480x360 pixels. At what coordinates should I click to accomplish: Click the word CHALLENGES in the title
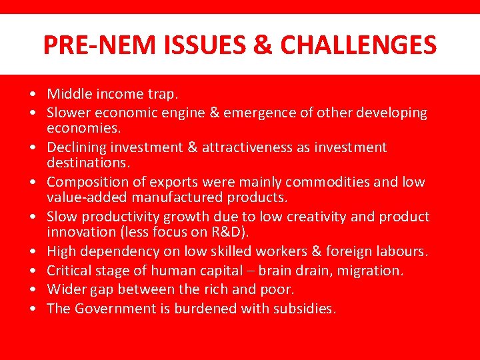359,45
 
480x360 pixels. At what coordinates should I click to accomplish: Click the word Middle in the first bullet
67,94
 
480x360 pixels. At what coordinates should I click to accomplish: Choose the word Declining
75,147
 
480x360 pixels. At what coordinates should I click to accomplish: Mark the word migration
374,271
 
